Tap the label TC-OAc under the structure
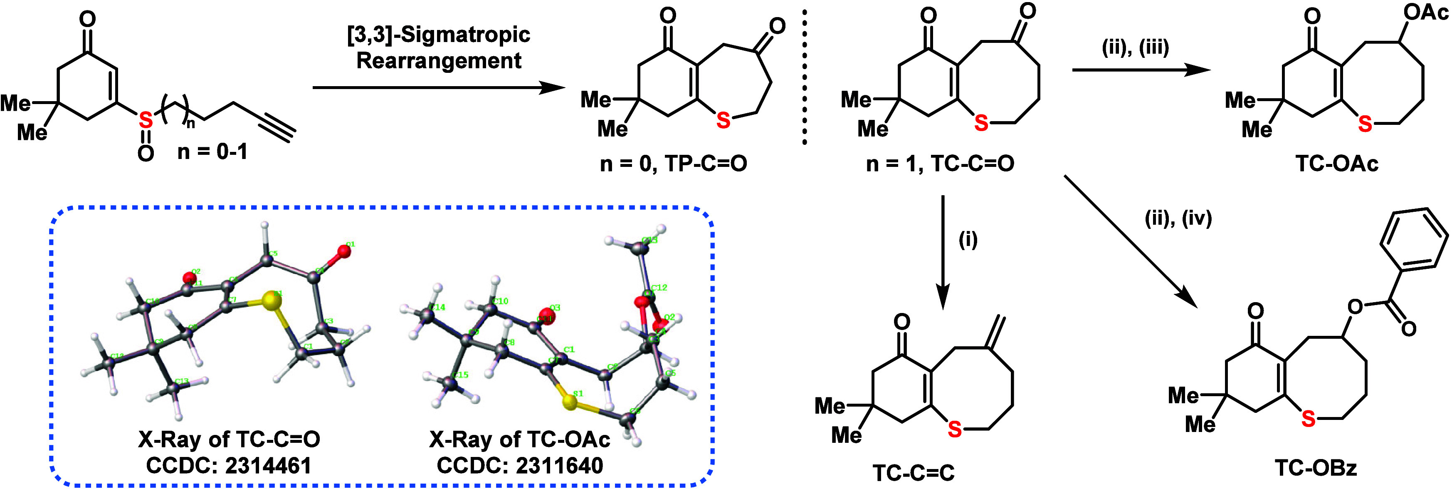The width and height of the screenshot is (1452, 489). coord(1336,164)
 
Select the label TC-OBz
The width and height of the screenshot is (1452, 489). coord(1316,468)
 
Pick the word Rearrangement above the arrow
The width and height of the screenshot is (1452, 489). coord(439,60)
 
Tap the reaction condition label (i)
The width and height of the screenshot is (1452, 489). coord(968,240)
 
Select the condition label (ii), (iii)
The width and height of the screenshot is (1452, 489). coord(1135,47)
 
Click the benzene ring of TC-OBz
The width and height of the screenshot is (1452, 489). coord(1414,238)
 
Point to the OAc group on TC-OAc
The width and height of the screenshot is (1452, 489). coord(1425,12)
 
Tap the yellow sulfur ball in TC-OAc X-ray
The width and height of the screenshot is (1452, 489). coord(570,403)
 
